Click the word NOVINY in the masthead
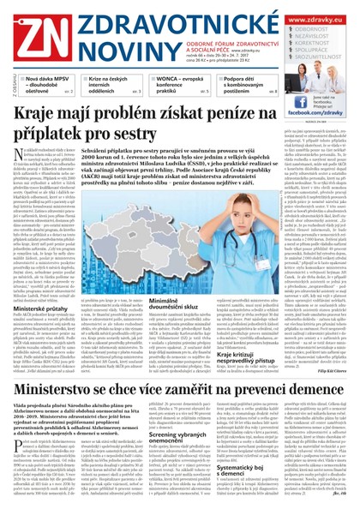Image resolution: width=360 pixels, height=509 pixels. click(103, 42)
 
